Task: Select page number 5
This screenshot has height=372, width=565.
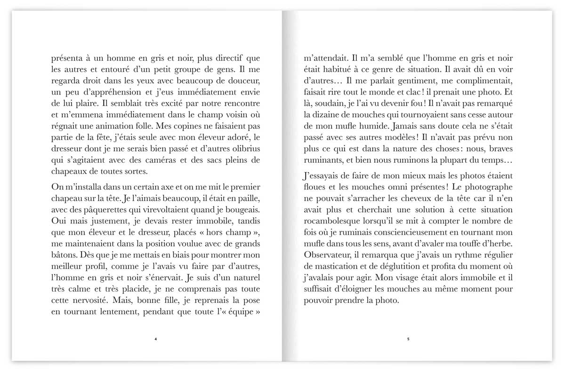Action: point(408,339)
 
